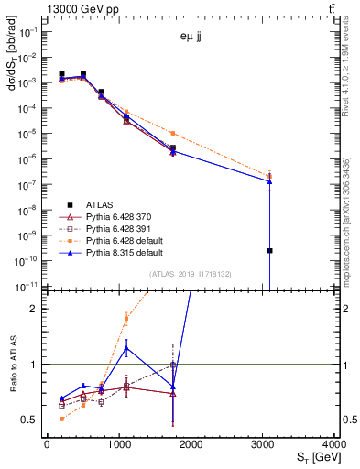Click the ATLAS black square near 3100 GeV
(x=269, y=250)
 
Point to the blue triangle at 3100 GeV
(x=269, y=181)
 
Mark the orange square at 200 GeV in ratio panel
(x=61, y=419)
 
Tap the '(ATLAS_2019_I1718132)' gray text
(x=191, y=274)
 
